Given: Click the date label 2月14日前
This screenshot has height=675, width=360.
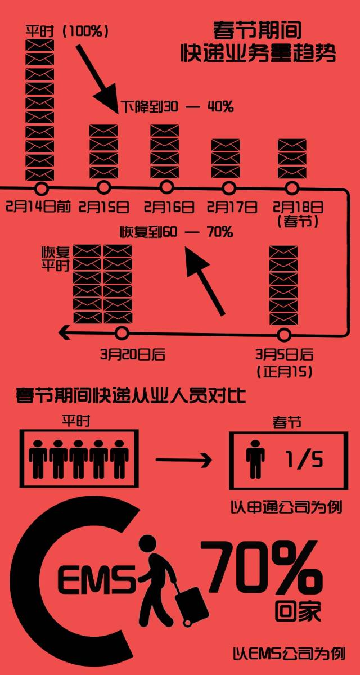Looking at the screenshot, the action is tap(38, 207).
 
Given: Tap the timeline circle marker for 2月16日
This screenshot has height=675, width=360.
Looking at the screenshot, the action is tap(166, 187).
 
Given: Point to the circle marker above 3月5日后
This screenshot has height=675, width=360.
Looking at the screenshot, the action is tap(284, 335).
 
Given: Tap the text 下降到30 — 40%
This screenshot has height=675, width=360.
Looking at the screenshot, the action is tap(177, 106).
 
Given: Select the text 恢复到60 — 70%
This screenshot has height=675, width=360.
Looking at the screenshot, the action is tap(176, 231).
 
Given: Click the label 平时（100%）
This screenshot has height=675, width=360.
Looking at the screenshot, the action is tap(66, 30).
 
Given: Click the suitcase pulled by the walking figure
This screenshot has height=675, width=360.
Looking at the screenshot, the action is tap(192, 607).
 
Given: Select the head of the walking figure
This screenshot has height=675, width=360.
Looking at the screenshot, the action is tap(147, 545).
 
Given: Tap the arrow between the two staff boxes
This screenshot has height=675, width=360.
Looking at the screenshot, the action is tap(182, 461).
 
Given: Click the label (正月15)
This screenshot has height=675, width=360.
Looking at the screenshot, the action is tap(285, 372).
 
